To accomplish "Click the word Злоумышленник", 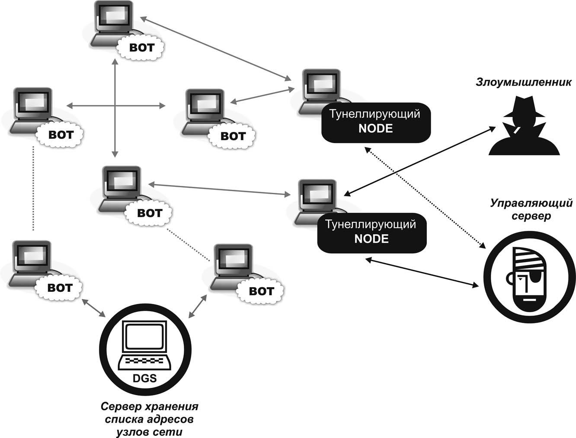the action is pyautogui.click(x=524, y=82).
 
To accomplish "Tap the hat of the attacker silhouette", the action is pyautogui.click(x=524, y=108).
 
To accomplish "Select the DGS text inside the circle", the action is pyautogui.click(x=144, y=378).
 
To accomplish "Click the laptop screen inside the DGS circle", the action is pyautogui.click(x=144, y=336).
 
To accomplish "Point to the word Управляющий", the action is pyautogui.click(x=531, y=203).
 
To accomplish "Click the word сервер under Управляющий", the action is pyautogui.click(x=531, y=216).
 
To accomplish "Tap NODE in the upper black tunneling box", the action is pyautogui.click(x=375, y=128).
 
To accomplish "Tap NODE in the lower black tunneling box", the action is pyautogui.click(x=371, y=239).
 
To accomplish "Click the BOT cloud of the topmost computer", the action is pyautogui.click(x=142, y=48).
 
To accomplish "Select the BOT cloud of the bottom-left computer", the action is pyautogui.click(x=60, y=288).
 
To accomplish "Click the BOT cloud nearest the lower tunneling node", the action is pyautogui.click(x=149, y=213).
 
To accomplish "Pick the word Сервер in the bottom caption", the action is pyautogui.click(x=121, y=406).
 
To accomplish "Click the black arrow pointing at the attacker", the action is pyautogui.click(x=419, y=161).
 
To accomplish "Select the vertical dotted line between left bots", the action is pyautogui.click(x=33, y=189).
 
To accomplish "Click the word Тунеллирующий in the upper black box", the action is pyautogui.click(x=375, y=114).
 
